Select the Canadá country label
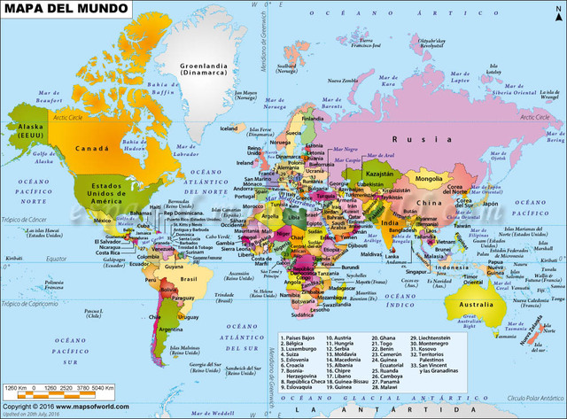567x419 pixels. [x=91, y=148]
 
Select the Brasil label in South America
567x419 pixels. [x=187, y=277]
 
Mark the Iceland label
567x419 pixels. [x=229, y=128]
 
